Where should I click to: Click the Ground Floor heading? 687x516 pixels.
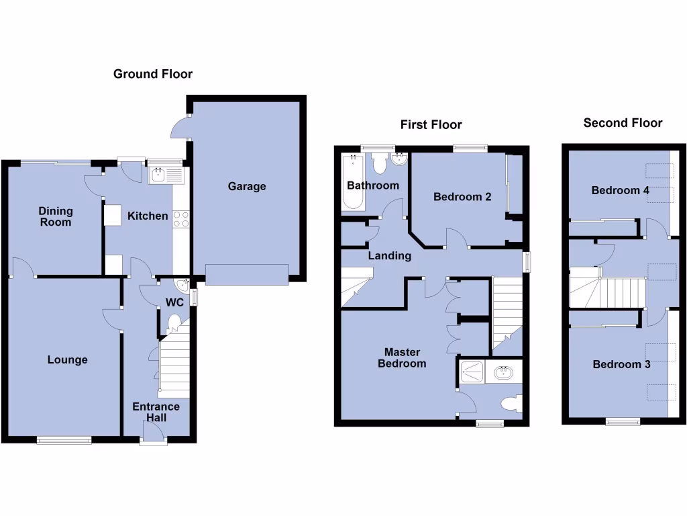pos(152,74)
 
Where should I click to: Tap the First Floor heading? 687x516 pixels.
pos(431,124)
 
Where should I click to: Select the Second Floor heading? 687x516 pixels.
pos(623,122)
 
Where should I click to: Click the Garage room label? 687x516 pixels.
pos(247,186)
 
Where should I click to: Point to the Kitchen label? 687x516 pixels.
pos(148,216)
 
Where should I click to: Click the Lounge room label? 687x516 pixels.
pos(67,360)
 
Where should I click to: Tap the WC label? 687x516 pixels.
pos(175,302)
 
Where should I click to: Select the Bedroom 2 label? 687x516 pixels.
pos(462,197)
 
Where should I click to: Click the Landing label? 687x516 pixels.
pos(389,256)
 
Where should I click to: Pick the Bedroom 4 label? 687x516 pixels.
pos(620,190)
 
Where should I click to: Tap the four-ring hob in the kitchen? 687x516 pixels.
pos(181,219)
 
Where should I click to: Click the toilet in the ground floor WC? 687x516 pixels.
pos(175,322)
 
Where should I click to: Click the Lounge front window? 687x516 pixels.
pos(64,441)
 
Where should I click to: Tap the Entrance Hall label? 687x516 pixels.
pos(156,412)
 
